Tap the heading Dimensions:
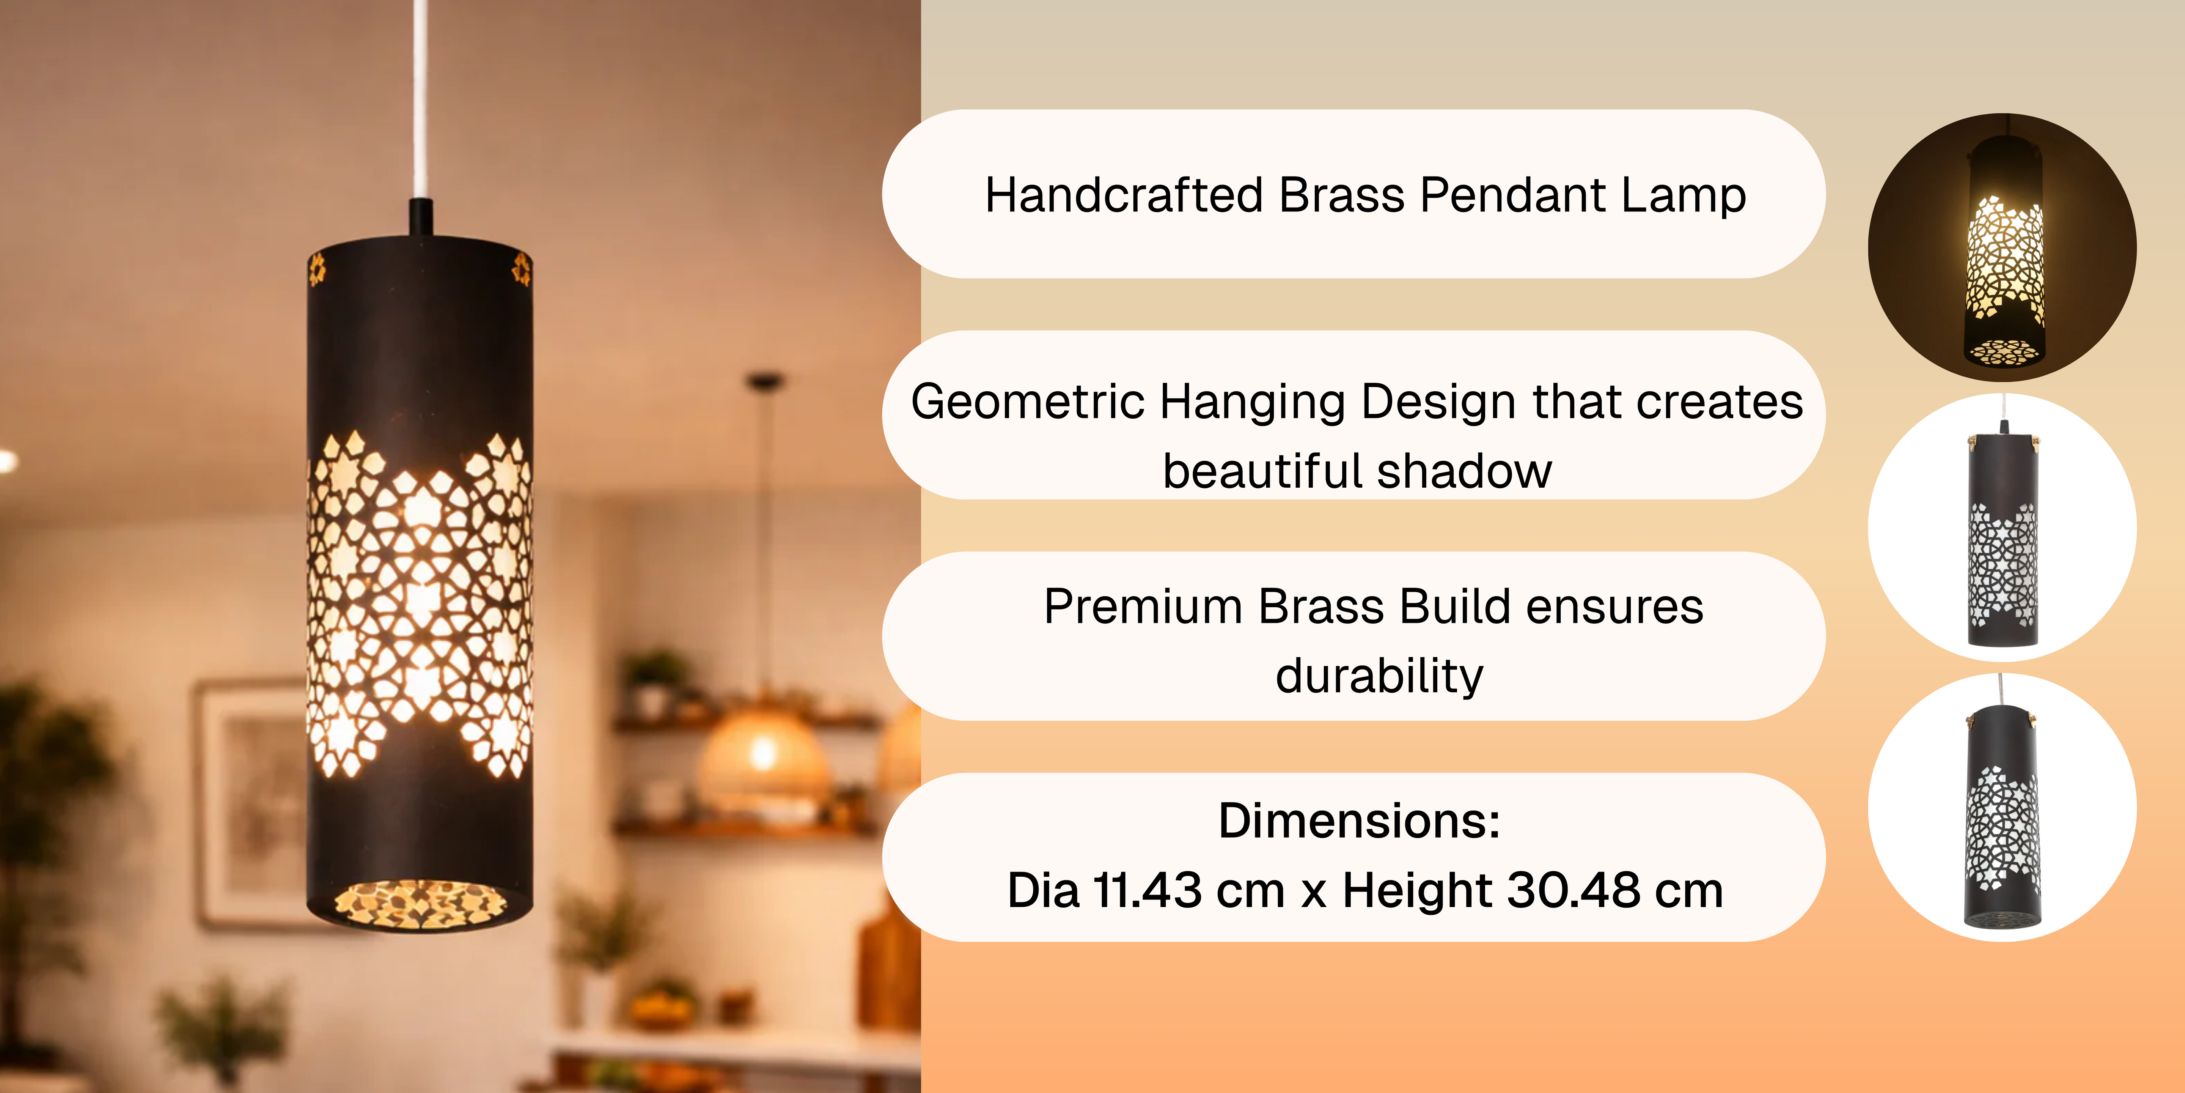[x=1359, y=821]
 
